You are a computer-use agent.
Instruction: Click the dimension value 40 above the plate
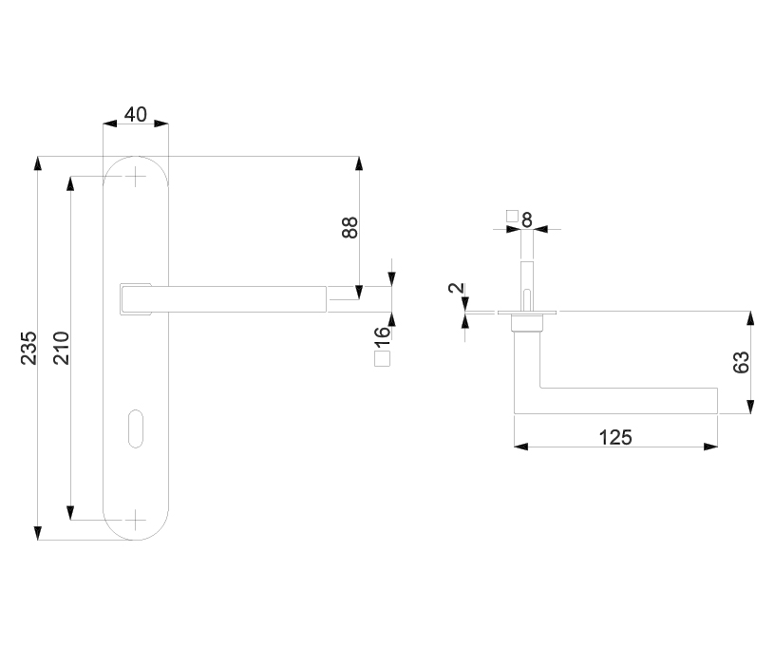pos(136,115)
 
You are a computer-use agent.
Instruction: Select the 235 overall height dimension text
pos(29,348)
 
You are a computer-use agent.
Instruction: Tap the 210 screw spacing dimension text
pos(62,348)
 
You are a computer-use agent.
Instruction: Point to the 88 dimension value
pos(350,227)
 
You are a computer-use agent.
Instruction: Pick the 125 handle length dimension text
pos(615,437)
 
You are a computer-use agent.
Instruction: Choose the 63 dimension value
pos(741,362)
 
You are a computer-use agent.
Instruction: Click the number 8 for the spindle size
pos(527,220)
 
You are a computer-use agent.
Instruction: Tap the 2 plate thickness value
pos(457,288)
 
